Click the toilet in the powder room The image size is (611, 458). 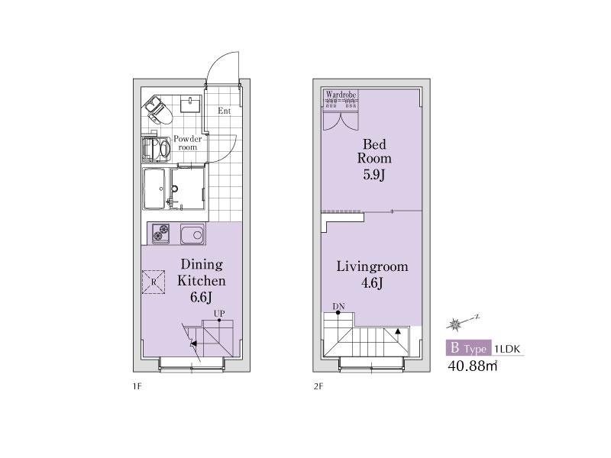[158, 110]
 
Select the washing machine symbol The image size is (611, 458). [157, 149]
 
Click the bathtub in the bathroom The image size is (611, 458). [154, 189]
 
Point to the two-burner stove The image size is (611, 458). [160, 234]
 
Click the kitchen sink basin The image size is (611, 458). [192, 234]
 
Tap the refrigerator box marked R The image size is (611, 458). [154, 282]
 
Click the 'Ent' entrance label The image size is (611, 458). [224, 111]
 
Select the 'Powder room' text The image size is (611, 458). [187, 143]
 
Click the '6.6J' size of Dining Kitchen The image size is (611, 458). [201, 298]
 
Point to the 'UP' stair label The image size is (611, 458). [219, 314]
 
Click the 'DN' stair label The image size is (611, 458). [338, 307]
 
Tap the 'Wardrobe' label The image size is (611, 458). [341, 95]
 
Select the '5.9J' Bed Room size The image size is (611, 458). [374, 175]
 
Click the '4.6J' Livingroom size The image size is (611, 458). [372, 283]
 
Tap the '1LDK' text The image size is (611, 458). [507, 349]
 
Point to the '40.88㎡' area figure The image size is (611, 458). [473, 366]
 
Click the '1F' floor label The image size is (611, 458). [137, 387]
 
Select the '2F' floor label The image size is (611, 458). [318, 387]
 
